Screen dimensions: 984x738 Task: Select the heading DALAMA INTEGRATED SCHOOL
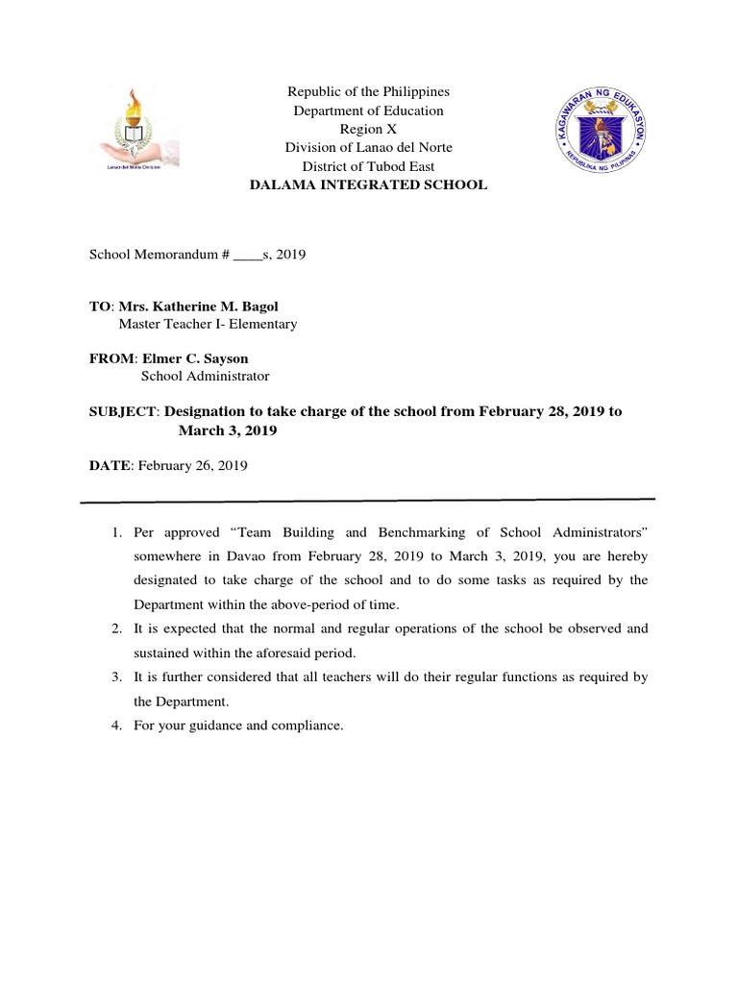[x=368, y=184]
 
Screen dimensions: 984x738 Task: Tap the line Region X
[x=368, y=129]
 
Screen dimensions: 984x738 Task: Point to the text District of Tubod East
[x=368, y=165]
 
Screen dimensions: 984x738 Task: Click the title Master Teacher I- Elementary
[x=208, y=324]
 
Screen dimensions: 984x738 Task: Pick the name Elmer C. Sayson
[x=195, y=358]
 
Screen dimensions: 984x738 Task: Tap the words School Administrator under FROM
[x=206, y=377]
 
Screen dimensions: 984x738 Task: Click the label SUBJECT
[x=123, y=412]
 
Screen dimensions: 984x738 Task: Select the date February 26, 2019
[x=193, y=465]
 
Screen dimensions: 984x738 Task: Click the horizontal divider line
[x=368, y=501]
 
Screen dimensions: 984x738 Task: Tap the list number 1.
[x=114, y=532]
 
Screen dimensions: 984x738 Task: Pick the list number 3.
[x=114, y=677]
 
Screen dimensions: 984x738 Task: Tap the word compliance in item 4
[x=307, y=726]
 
